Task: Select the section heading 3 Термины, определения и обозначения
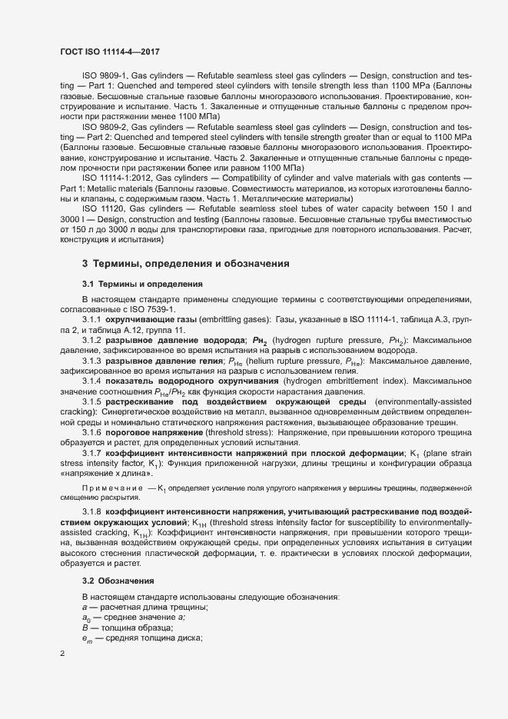click(x=185, y=264)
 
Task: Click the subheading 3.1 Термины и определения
click(x=142, y=284)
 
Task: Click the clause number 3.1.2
click(x=91, y=339)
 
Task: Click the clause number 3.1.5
click(x=91, y=402)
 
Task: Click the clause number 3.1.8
click(x=91, y=511)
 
